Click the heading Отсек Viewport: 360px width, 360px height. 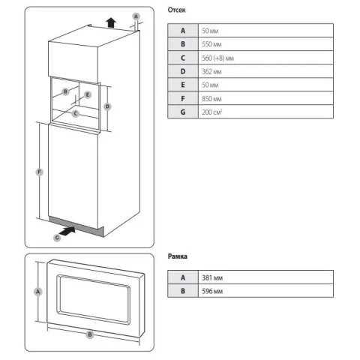point(176,10)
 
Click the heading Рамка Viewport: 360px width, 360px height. point(178,256)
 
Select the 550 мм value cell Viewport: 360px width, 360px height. point(265,44)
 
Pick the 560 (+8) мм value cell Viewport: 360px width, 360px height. point(265,58)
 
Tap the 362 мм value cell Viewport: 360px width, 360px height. point(265,71)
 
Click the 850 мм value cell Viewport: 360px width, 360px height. point(265,98)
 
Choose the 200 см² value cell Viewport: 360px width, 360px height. point(265,112)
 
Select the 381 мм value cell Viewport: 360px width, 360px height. point(265,277)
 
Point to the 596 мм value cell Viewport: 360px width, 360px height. point(265,291)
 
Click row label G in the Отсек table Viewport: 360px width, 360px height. point(183,112)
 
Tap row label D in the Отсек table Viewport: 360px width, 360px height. point(183,71)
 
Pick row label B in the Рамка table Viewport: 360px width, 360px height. point(183,291)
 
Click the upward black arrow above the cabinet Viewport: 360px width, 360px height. point(111,22)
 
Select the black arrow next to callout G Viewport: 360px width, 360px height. point(68,231)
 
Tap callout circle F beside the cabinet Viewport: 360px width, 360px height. point(39,172)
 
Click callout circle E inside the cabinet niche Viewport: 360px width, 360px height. point(88,94)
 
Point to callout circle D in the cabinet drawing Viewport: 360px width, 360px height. point(107,106)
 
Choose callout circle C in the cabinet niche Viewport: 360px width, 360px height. point(76,113)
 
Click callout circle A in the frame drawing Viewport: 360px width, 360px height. point(38,292)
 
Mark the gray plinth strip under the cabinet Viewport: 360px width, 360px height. point(76,226)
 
